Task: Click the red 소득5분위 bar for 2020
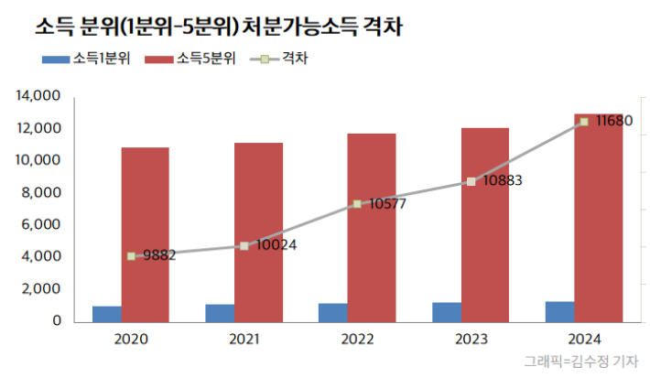145,233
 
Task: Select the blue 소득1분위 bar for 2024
560,311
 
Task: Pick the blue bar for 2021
220,312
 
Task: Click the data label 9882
157,255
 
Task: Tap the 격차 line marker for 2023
471,181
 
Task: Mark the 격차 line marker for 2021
244,245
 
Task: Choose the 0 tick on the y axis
57,321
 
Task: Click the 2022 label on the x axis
358,340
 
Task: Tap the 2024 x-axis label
584,340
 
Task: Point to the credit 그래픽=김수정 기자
580,362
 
